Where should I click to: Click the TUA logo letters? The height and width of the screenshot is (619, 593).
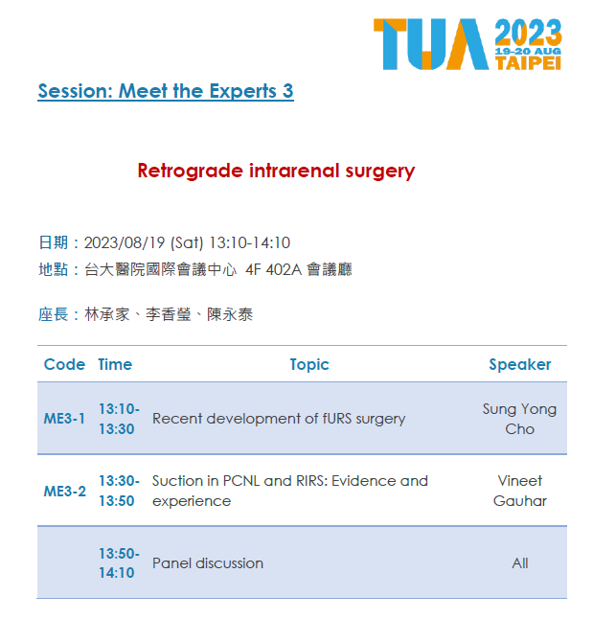click(431, 44)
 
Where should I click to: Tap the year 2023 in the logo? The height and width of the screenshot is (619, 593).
click(528, 32)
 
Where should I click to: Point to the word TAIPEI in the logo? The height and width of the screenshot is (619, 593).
click(528, 63)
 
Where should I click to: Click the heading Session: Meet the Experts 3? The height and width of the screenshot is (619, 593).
click(166, 91)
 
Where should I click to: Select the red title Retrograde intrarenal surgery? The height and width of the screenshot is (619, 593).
click(276, 172)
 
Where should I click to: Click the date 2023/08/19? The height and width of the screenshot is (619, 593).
click(125, 242)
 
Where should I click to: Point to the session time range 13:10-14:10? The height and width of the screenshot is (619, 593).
click(249, 242)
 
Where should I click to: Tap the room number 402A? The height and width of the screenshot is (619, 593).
click(284, 269)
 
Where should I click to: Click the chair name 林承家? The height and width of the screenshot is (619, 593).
click(107, 314)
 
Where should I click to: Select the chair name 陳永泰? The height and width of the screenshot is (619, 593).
click(230, 314)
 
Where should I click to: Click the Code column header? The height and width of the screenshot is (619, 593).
click(64, 364)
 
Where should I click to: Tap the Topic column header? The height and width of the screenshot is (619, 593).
click(309, 364)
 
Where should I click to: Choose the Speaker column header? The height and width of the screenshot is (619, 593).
click(520, 364)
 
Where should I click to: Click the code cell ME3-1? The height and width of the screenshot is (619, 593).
click(64, 419)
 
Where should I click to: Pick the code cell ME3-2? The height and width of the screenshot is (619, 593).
click(65, 492)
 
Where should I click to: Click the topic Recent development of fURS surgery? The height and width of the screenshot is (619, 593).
click(279, 419)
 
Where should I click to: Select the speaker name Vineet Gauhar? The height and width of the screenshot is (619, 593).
click(520, 491)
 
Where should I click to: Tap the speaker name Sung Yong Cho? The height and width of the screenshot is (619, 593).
click(519, 419)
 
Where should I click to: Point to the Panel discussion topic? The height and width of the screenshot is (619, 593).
click(208, 563)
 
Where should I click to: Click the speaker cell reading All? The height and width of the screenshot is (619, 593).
click(520, 563)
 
